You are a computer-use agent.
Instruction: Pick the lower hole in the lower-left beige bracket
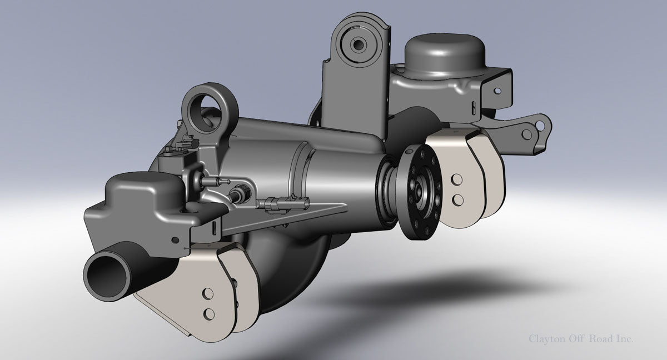point(208,314)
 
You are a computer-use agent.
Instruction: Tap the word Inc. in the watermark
point(623,338)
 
